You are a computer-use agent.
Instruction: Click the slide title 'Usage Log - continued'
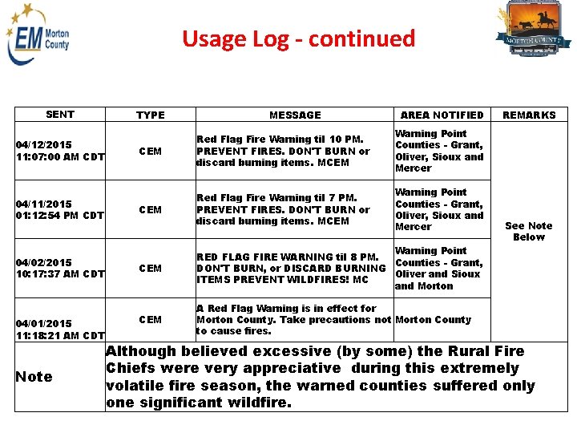click(298, 38)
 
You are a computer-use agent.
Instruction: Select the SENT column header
click(60, 115)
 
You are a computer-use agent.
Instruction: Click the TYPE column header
click(150, 115)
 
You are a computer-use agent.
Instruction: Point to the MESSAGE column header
click(295, 115)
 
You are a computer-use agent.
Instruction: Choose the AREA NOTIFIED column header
click(442, 115)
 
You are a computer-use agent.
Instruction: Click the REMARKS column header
click(529, 115)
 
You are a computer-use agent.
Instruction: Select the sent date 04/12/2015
click(43, 145)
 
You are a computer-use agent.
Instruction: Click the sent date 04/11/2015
click(43, 204)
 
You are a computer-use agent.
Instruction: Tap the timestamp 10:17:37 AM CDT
click(60, 274)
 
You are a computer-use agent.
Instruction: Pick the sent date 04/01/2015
click(43, 324)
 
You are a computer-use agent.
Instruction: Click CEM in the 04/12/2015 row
click(150, 151)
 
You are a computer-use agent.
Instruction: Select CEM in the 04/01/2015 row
click(150, 319)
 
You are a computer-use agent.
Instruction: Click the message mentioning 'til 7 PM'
click(283, 209)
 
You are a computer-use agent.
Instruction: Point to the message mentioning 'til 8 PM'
click(290, 268)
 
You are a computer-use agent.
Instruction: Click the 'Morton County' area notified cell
click(433, 319)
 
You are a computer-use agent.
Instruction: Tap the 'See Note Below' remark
click(528, 232)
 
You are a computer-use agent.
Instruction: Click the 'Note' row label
click(34, 377)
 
